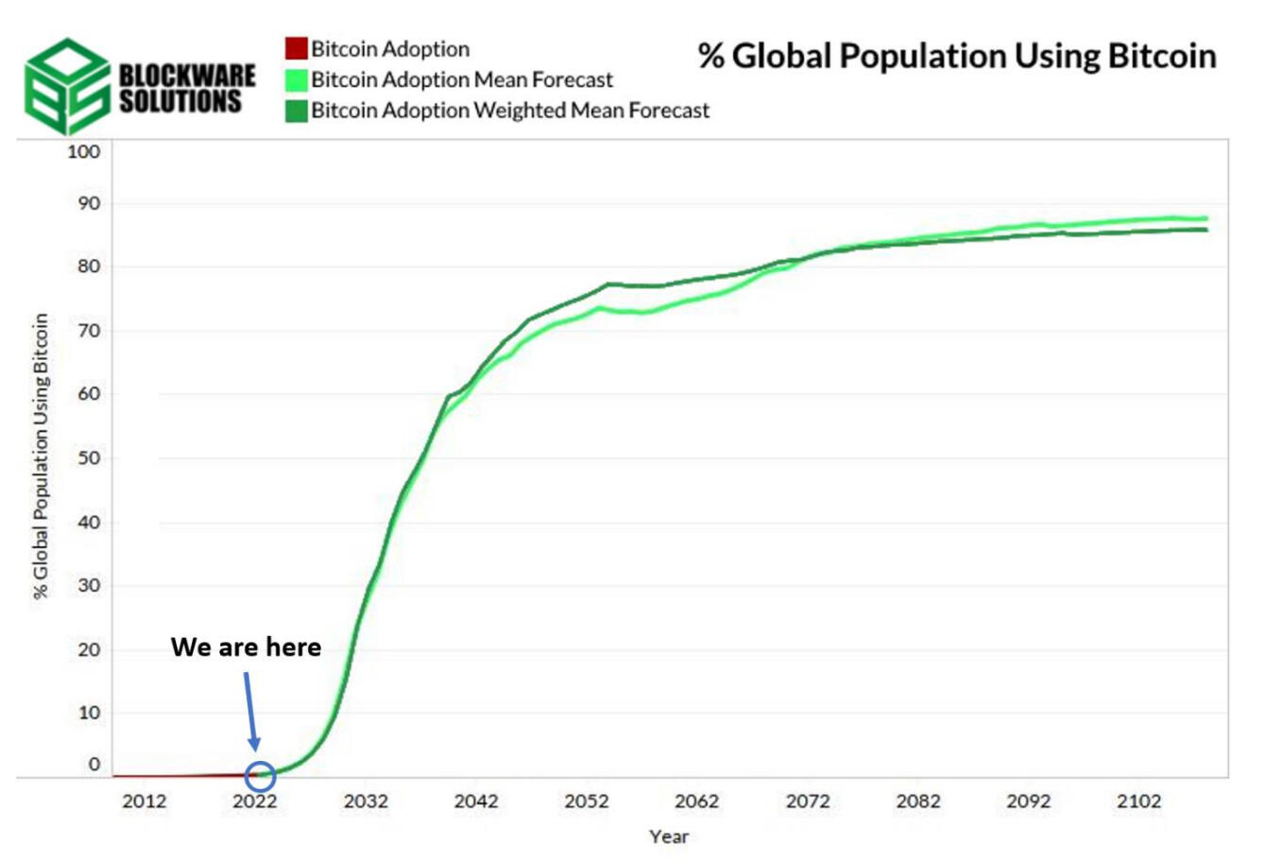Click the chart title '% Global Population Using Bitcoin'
tap(957, 57)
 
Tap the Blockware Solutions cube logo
tap(67, 86)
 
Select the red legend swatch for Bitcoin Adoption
tap(296, 48)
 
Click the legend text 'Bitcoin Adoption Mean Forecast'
tap(462, 79)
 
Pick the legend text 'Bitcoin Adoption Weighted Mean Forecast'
tap(510, 111)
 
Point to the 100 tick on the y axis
tap(84, 151)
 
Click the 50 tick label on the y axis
tap(90, 457)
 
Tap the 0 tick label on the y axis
tap(94, 765)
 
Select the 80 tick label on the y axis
tap(90, 267)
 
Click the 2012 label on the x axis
tap(145, 801)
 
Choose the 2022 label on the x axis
tap(255, 801)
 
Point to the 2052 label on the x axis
tap(587, 801)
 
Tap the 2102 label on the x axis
tap(1138, 801)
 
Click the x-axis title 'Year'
tap(669, 836)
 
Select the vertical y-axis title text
tap(41, 456)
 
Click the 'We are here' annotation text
tap(246, 646)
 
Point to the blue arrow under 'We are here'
tap(251, 711)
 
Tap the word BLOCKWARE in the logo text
tap(187, 76)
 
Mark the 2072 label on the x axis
tap(808, 801)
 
